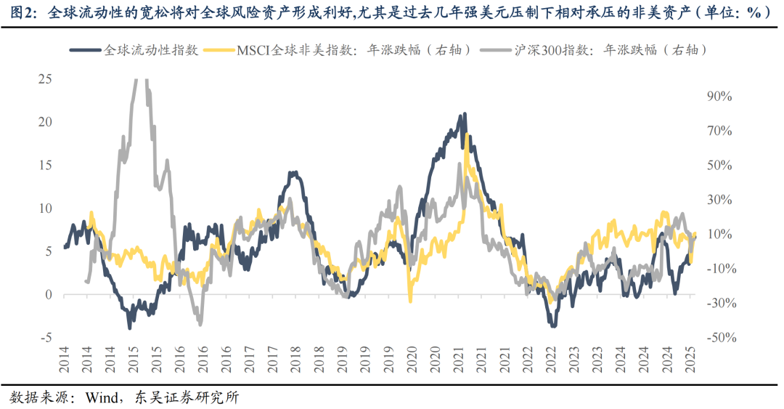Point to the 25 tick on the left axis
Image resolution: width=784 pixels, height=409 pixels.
[x=44, y=78]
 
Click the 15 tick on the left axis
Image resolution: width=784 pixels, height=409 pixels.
[x=44, y=165]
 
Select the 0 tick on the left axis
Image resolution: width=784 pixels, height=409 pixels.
[x=49, y=294]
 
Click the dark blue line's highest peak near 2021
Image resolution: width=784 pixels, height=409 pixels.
[x=463, y=115]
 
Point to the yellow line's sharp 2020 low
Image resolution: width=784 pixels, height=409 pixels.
[x=410, y=300]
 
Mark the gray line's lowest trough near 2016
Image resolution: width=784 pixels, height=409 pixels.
[x=199, y=322]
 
